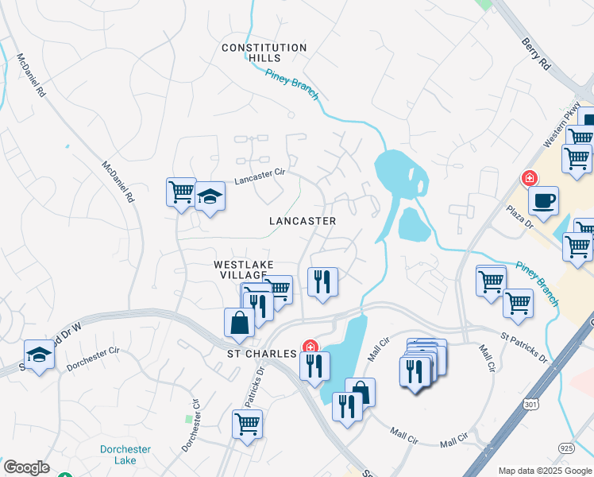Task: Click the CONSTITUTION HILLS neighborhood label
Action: coord(264,53)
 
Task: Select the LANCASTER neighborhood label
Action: coord(302,221)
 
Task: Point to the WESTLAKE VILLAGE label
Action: coord(243,270)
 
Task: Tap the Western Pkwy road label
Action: coord(559,129)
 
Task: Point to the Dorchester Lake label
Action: coord(125,455)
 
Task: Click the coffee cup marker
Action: coord(543,200)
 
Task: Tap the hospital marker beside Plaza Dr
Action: coord(526,177)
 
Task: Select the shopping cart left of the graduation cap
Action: coord(181,191)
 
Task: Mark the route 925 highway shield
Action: coord(566,448)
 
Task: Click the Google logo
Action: coord(26,467)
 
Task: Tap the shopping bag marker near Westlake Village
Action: coord(239,322)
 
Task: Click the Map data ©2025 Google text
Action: coord(545,471)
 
